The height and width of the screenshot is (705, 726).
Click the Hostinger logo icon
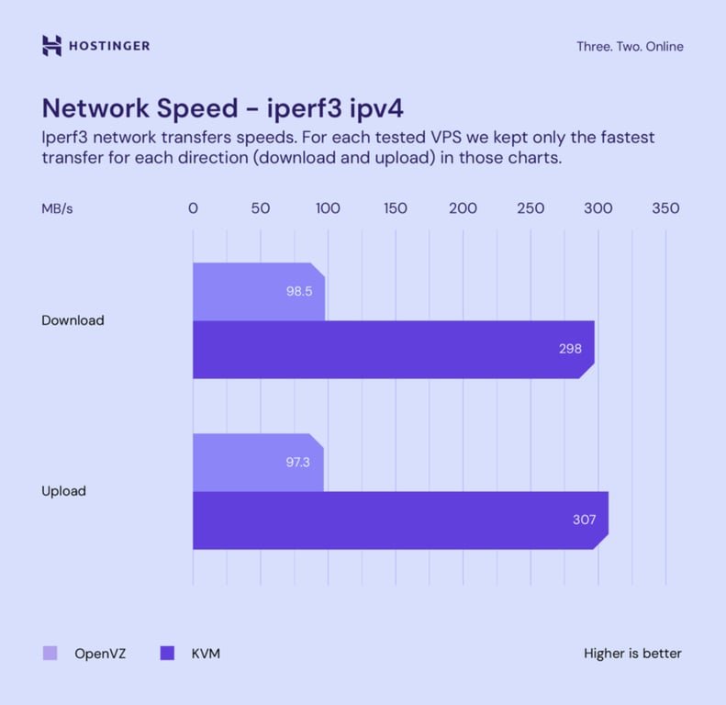click(x=51, y=46)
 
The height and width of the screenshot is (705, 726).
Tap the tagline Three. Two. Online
click(x=630, y=47)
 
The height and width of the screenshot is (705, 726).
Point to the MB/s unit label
click(x=57, y=208)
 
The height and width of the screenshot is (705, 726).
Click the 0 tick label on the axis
click(x=193, y=208)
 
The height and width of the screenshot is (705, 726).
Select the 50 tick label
click(x=261, y=208)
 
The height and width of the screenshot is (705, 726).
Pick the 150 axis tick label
click(x=396, y=208)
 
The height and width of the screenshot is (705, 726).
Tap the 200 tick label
click(x=464, y=208)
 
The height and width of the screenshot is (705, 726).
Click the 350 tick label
click(x=665, y=208)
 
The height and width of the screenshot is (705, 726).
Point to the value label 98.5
click(x=299, y=292)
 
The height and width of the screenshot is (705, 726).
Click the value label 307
click(x=585, y=520)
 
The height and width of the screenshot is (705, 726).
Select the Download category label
click(x=73, y=320)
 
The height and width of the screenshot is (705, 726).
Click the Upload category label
click(x=63, y=491)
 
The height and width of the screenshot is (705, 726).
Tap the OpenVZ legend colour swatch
click(x=50, y=654)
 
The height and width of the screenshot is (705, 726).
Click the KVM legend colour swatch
click(x=167, y=654)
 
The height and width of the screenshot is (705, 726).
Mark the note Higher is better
click(x=632, y=654)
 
